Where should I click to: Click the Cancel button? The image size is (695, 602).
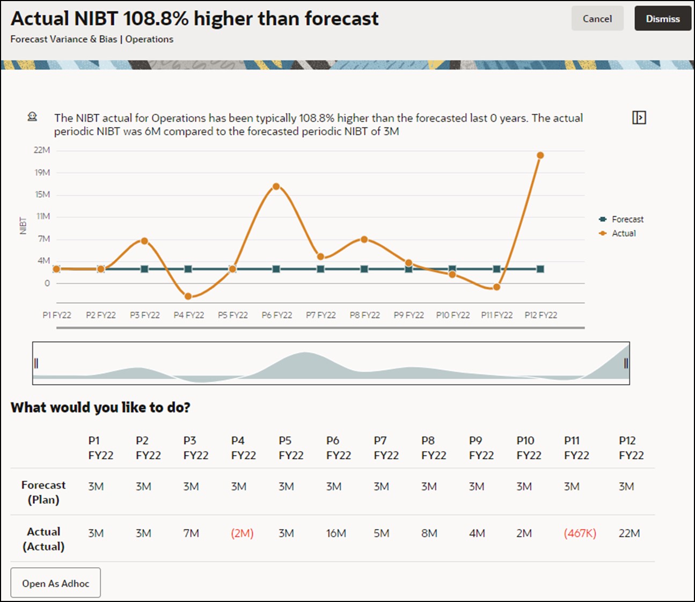point(597,19)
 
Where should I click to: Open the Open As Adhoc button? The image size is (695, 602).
point(56,583)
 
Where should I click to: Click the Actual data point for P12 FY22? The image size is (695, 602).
point(540,156)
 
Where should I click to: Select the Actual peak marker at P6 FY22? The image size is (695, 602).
point(276,187)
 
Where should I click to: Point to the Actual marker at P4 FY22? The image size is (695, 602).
point(188,297)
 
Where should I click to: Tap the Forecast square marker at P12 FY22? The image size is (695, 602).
point(540,269)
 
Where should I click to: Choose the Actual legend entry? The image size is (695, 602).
point(623,233)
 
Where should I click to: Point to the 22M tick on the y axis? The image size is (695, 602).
point(42,150)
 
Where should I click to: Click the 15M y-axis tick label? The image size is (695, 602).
point(42,194)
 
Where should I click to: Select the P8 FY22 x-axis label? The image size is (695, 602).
point(364,315)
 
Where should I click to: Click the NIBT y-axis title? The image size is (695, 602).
point(23,225)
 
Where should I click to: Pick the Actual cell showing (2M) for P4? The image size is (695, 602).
point(242,533)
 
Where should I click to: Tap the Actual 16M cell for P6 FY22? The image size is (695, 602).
point(336,533)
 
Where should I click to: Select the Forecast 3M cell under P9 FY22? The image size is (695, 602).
point(477,487)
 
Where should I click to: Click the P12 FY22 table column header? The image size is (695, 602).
point(631,448)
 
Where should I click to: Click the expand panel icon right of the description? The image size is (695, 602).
point(639,118)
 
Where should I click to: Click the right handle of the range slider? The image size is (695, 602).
point(626,363)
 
